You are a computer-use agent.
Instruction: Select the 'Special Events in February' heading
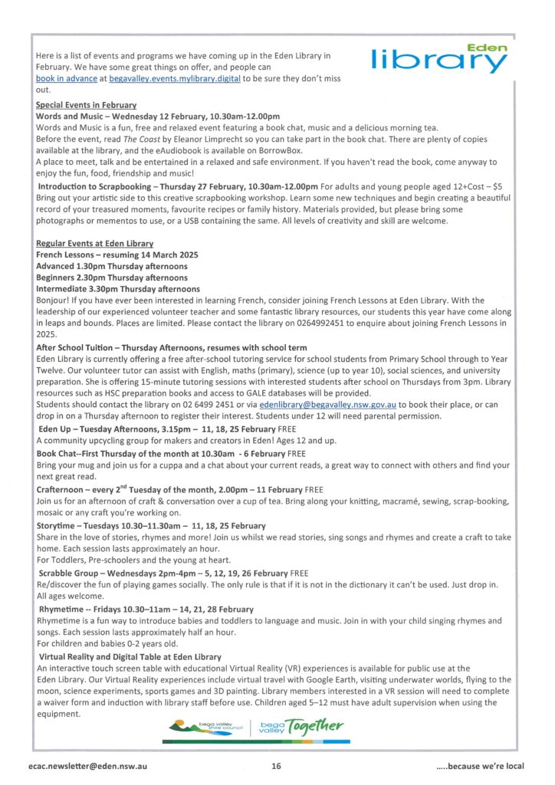(86, 104)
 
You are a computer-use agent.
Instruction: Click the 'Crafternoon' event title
(64, 489)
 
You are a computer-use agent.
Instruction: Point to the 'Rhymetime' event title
(61, 609)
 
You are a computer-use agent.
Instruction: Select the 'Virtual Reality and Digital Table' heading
(130, 656)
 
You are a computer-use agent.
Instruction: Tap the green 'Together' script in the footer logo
(315, 725)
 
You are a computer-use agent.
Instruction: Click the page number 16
(277, 766)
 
